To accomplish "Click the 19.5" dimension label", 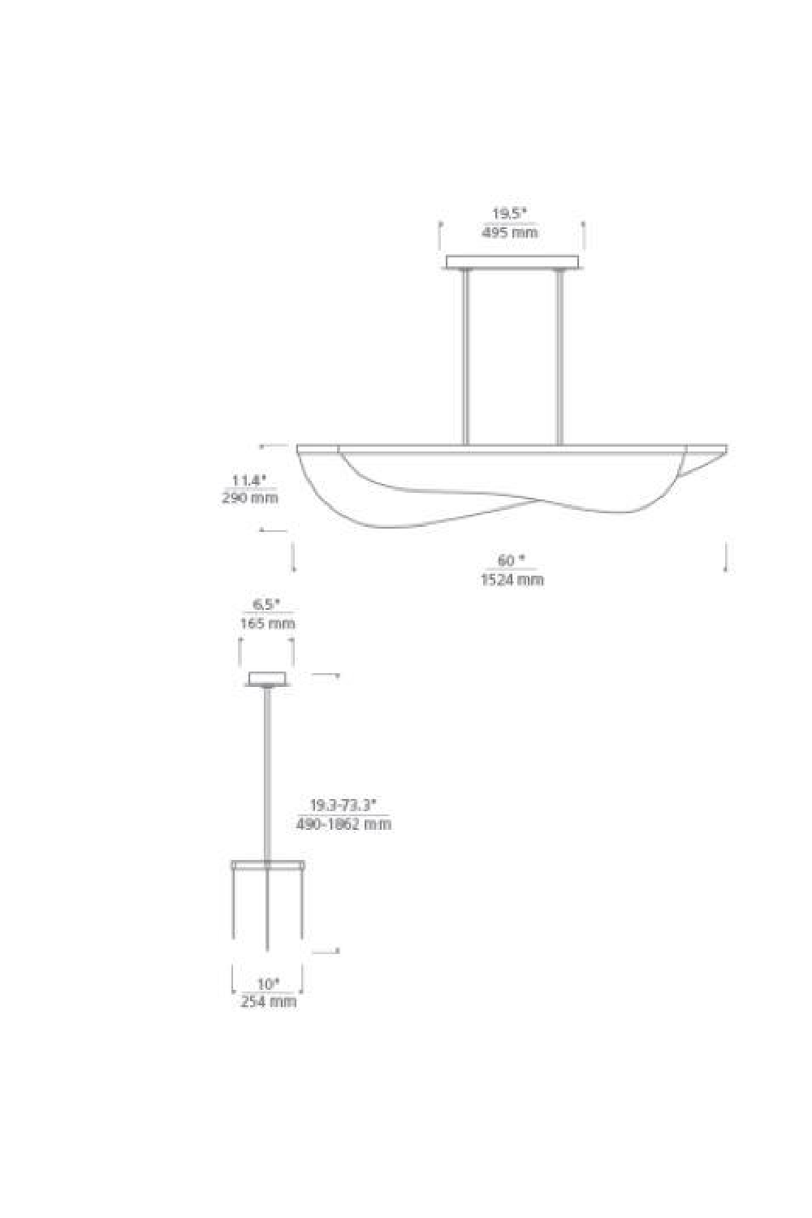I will coord(509,214).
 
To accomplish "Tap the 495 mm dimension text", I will coord(509,233).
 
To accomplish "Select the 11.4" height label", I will coord(249,480).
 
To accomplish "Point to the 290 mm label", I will coord(249,498).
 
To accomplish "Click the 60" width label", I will coord(511,560).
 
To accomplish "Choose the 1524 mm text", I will coord(511,580).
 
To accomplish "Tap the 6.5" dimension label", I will coord(266,604).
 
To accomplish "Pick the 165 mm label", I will coord(267,624).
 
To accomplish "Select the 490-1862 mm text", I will coord(344,824).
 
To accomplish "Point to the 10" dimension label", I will coord(268,984).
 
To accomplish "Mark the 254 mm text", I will coord(268,1002).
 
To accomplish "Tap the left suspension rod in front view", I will coord(465,357).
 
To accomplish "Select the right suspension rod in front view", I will coord(559,357).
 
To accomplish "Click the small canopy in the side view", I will coord(267,679).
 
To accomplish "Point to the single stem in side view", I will coord(267,771).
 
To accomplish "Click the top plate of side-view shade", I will coord(268,863).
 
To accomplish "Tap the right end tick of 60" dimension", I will coord(725,558).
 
